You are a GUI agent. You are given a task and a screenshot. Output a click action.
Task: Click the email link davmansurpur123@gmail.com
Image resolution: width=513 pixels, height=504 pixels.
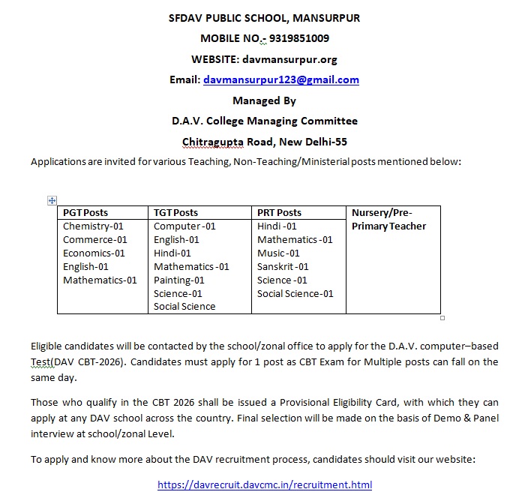click(x=281, y=79)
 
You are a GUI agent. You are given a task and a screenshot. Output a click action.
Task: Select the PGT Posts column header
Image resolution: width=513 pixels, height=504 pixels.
click(x=85, y=213)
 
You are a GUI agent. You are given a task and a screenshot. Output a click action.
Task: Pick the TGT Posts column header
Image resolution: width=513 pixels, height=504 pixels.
click(x=175, y=213)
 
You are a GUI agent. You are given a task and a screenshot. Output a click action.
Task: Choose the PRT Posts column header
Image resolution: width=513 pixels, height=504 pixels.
click(x=279, y=213)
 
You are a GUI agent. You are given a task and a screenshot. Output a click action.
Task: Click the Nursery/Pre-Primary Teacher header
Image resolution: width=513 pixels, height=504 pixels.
click(x=388, y=220)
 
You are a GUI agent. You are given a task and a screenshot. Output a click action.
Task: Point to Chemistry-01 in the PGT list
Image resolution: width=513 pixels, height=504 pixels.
click(x=93, y=226)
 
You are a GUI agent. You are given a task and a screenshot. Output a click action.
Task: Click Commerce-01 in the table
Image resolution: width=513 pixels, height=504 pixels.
click(x=95, y=240)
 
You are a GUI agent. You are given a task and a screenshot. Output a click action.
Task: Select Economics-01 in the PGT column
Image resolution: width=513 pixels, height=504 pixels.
click(x=94, y=253)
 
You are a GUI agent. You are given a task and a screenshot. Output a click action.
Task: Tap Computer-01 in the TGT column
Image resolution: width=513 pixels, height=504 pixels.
click(x=184, y=226)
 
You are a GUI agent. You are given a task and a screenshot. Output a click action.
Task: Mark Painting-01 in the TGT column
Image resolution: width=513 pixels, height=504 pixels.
click(x=178, y=280)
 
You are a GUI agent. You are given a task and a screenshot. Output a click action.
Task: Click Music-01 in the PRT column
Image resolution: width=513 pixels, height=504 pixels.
click(x=278, y=253)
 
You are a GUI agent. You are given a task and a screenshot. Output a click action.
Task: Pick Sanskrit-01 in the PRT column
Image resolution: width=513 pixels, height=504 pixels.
click(x=283, y=267)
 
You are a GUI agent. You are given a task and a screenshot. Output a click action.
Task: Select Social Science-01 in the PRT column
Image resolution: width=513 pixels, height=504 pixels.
click(x=295, y=294)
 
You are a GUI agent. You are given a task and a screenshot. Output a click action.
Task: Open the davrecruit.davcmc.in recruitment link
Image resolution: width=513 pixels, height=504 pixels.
click(x=265, y=485)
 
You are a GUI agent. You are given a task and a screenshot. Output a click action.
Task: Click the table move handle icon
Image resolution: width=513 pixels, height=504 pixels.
click(x=52, y=200)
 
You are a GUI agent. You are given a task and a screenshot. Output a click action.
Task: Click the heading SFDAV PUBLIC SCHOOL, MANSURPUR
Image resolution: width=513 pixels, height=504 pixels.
click(x=264, y=18)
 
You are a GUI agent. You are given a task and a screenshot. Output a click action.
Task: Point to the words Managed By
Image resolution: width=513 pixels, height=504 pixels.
click(x=264, y=100)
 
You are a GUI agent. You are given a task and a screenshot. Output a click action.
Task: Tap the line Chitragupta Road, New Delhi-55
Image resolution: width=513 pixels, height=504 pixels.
click(x=264, y=142)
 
